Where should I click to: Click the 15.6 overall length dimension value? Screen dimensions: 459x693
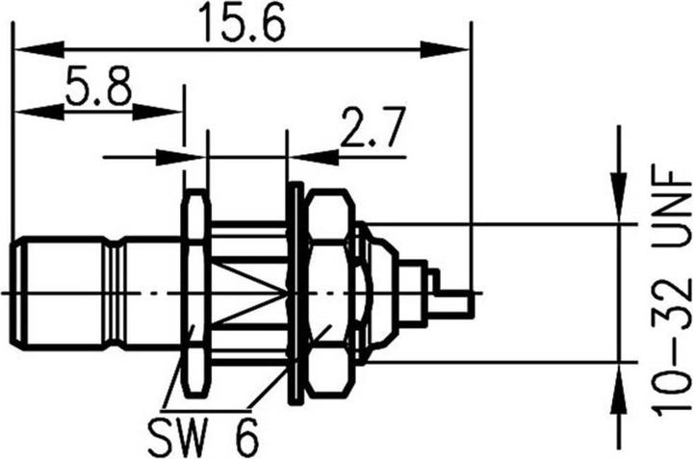coord(240,23)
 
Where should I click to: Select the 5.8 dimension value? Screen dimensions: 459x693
coord(98,89)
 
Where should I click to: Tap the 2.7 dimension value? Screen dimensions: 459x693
coord(371,128)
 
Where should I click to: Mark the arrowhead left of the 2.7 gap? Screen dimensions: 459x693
coord(196,155)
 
